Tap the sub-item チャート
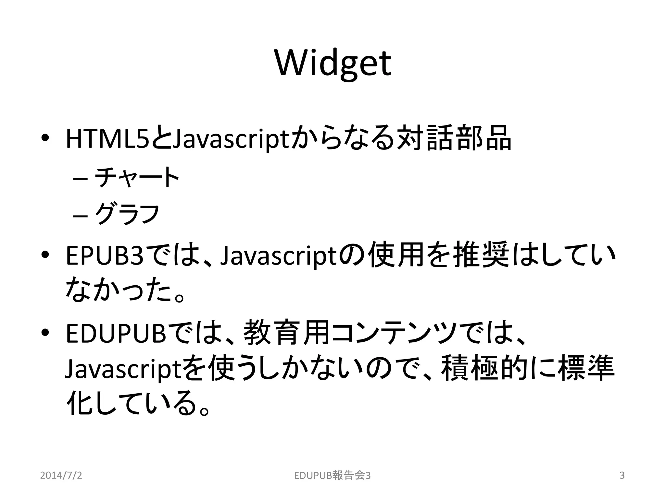pos(137,177)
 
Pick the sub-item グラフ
pos(127,214)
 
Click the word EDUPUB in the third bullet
pos(116,334)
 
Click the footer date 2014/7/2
pos(61,475)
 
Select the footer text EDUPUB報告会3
pos(332,475)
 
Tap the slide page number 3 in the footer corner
pos(622,475)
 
